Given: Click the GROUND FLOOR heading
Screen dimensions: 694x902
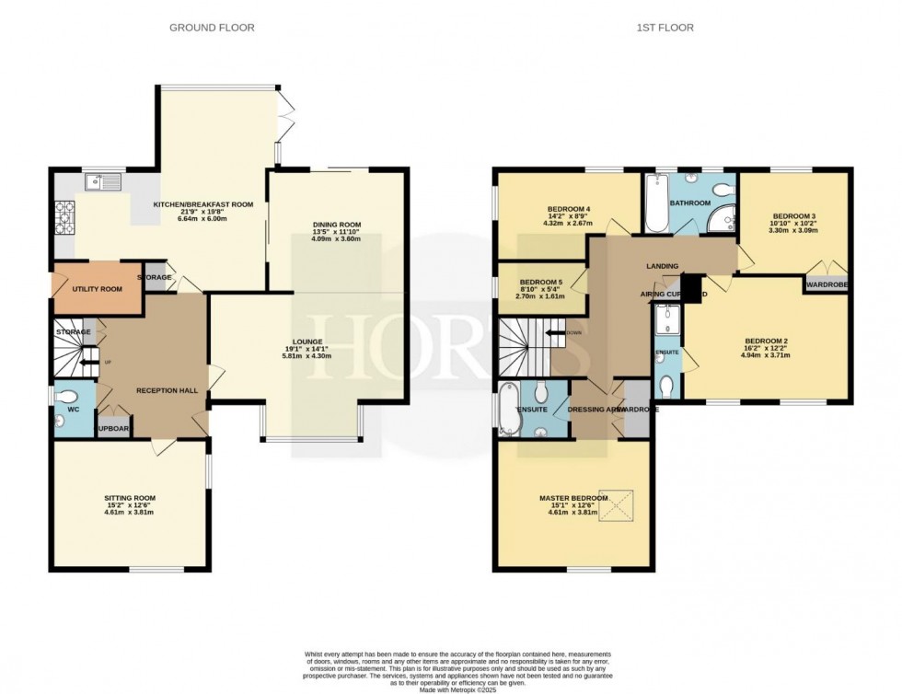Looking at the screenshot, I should (212, 28).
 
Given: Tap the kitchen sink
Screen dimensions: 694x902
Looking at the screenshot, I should (103, 182).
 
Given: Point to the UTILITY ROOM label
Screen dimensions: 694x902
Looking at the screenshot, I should (97, 289).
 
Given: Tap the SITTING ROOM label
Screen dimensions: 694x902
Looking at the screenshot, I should (129, 498).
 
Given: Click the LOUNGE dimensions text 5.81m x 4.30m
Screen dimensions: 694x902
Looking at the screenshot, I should (307, 356).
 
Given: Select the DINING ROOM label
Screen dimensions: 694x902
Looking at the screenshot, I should (336, 225).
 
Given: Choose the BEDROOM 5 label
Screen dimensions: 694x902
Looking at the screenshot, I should (540, 282).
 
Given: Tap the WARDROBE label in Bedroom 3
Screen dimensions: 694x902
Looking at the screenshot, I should (827, 285).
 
